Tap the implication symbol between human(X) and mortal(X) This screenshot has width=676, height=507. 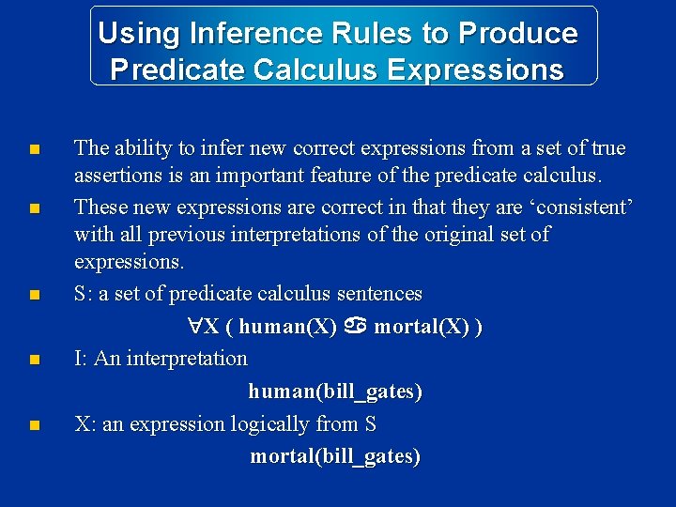click(x=355, y=327)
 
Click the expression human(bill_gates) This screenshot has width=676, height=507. click(x=335, y=392)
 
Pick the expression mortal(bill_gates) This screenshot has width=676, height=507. click(x=335, y=456)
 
